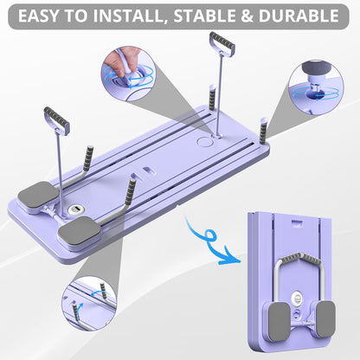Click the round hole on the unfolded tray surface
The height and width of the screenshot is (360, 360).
coord(203,139)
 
